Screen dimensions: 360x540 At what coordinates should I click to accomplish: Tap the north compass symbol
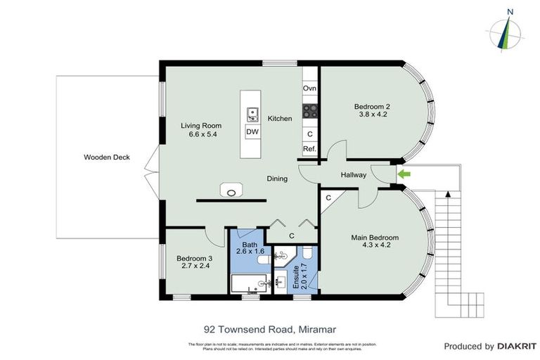pos(506,32)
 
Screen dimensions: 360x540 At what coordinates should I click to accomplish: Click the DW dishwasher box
pos(252,131)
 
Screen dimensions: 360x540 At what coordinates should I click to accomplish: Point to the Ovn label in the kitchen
pos(309,89)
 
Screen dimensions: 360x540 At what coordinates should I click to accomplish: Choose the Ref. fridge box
pos(309,149)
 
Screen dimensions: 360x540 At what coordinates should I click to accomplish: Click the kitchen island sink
pos(252,112)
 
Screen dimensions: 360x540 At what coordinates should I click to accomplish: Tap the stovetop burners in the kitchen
pos(309,110)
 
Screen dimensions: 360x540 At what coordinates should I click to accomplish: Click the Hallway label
pos(354,175)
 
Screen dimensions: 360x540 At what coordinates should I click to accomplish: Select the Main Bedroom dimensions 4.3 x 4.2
pos(375,246)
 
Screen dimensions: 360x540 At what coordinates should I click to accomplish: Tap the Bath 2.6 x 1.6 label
pos(250,246)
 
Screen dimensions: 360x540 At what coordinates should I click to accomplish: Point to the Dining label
pos(277,179)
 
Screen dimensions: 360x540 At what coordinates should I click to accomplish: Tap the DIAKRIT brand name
pos(517,346)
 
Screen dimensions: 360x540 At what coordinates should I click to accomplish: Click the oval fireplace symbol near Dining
pos(231,190)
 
